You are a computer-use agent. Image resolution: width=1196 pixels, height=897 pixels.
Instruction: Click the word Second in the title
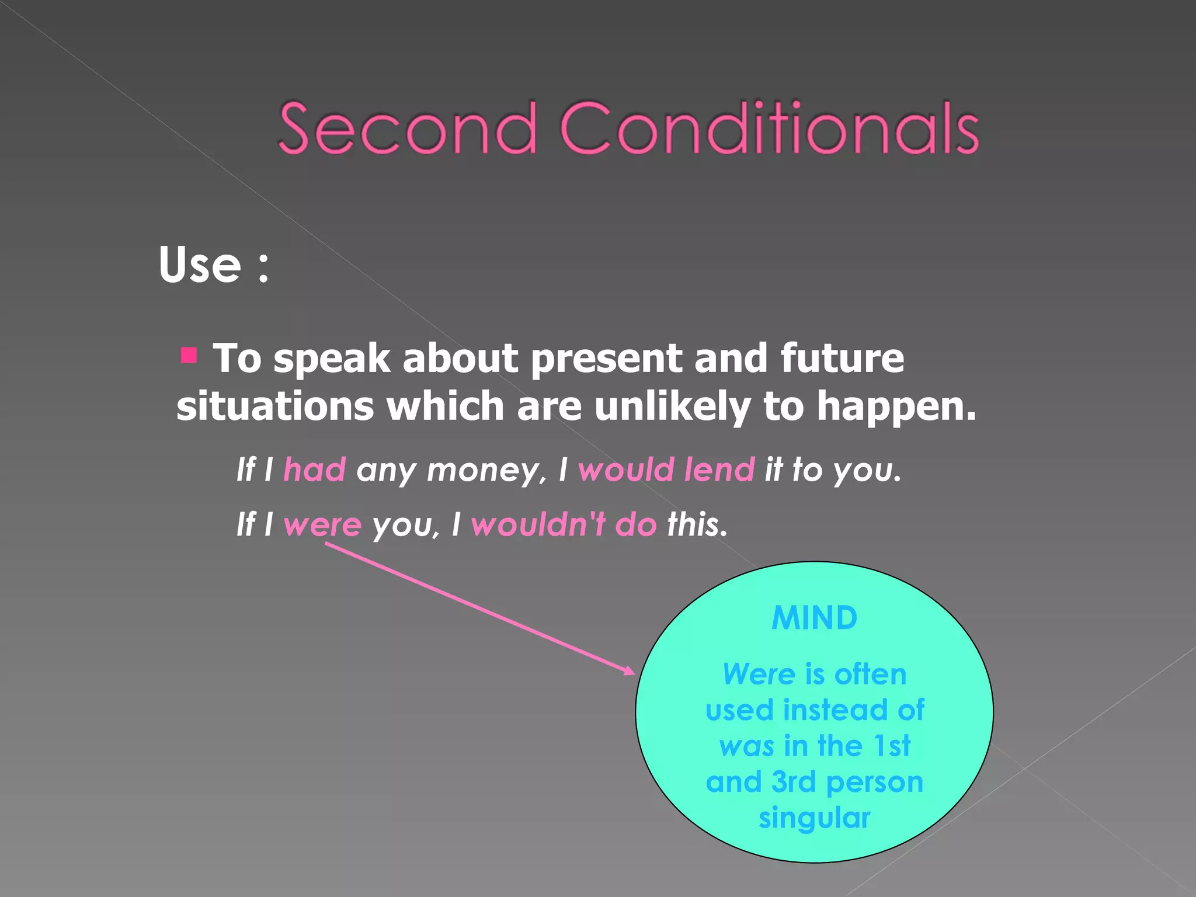tap(407, 128)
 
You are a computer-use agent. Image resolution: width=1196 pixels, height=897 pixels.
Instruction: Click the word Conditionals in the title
tap(769, 128)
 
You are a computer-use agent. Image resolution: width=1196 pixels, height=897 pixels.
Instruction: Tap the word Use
tap(200, 265)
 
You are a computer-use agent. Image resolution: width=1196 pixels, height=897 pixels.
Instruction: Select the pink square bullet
tap(189, 355)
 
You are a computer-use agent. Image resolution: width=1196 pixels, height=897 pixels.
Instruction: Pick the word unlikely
tap(672, 407)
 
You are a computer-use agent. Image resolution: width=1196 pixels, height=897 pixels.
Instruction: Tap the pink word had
tap(315, 470)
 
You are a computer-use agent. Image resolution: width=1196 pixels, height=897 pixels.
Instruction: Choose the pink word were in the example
tap(322, 524)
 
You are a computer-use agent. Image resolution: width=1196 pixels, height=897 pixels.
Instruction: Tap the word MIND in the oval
tap(814, 618)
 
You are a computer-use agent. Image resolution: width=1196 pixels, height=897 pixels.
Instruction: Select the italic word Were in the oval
tap(759, 675)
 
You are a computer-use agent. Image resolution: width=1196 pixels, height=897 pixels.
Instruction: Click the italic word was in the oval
tap(746, 746)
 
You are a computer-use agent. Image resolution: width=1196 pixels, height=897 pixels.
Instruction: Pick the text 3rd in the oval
tap(793, 782)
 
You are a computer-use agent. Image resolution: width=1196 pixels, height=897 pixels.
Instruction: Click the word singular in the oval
tap(814, 818)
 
